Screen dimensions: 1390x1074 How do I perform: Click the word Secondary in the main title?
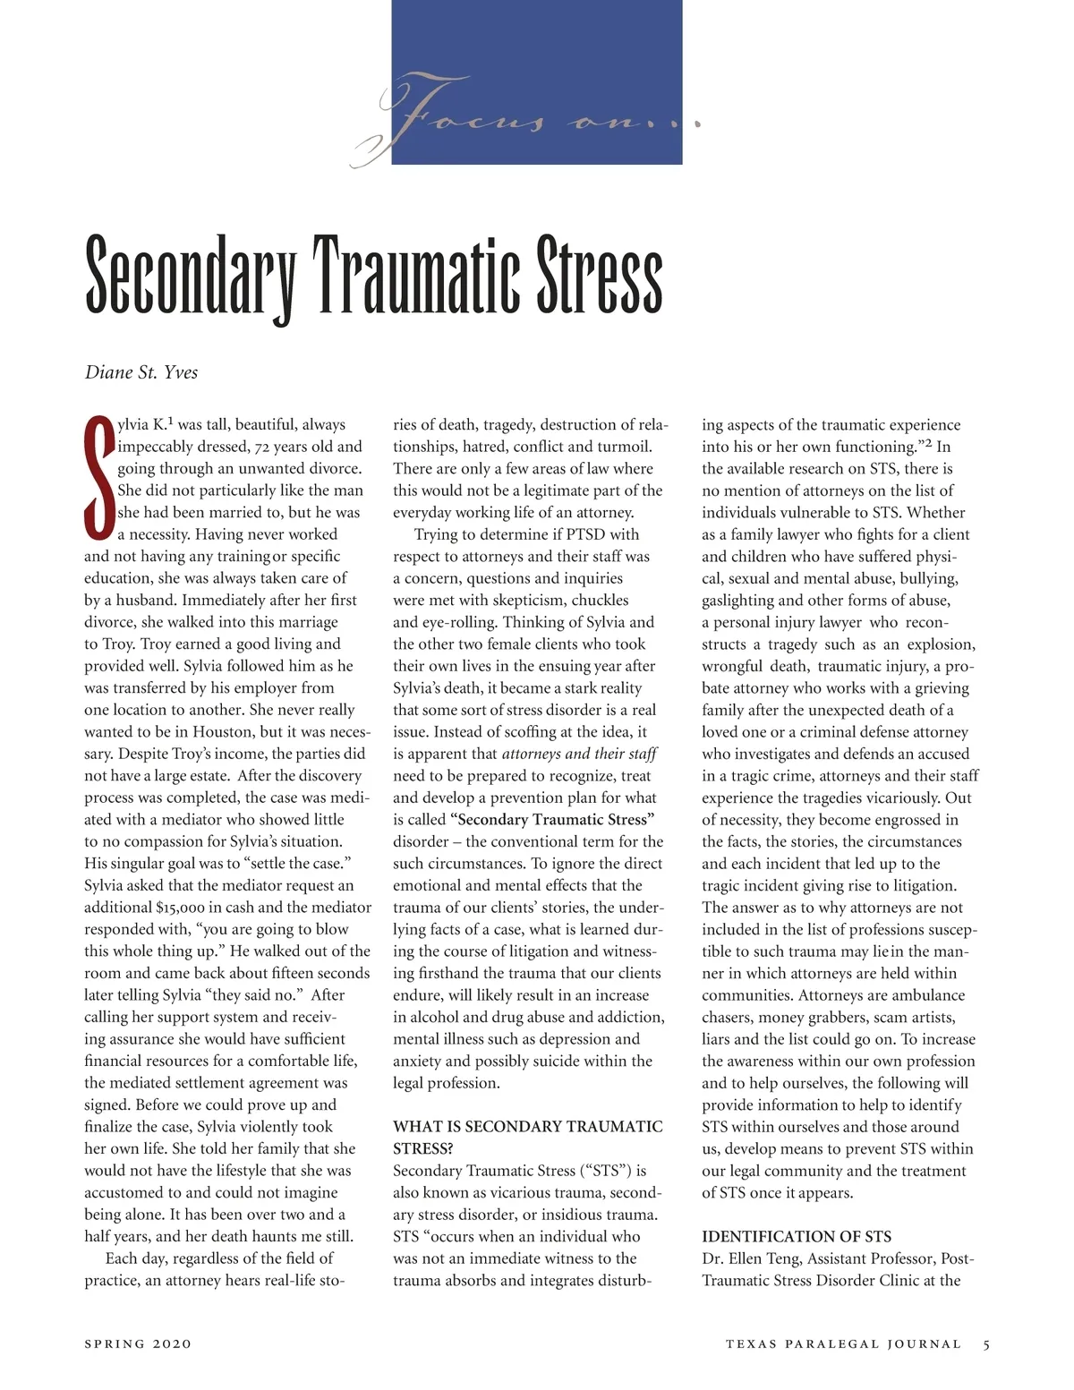pos(190,274)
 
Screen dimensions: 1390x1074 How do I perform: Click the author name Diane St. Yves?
pos(141,372)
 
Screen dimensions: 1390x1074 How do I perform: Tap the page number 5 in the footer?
pos(986,1343)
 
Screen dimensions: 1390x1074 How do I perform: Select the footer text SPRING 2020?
pos(138,1343)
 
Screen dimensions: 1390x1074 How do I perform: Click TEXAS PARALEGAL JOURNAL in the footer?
pos(843,1343)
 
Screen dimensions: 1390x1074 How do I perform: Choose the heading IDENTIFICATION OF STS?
pos(797,1236)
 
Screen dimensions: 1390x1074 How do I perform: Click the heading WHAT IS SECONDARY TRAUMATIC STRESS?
pos(528,1137)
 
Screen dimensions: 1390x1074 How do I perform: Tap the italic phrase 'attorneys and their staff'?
pos(579,754)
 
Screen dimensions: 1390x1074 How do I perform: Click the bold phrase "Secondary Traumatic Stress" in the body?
pos(555,819)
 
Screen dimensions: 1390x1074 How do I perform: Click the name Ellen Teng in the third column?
pos(767,1258)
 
